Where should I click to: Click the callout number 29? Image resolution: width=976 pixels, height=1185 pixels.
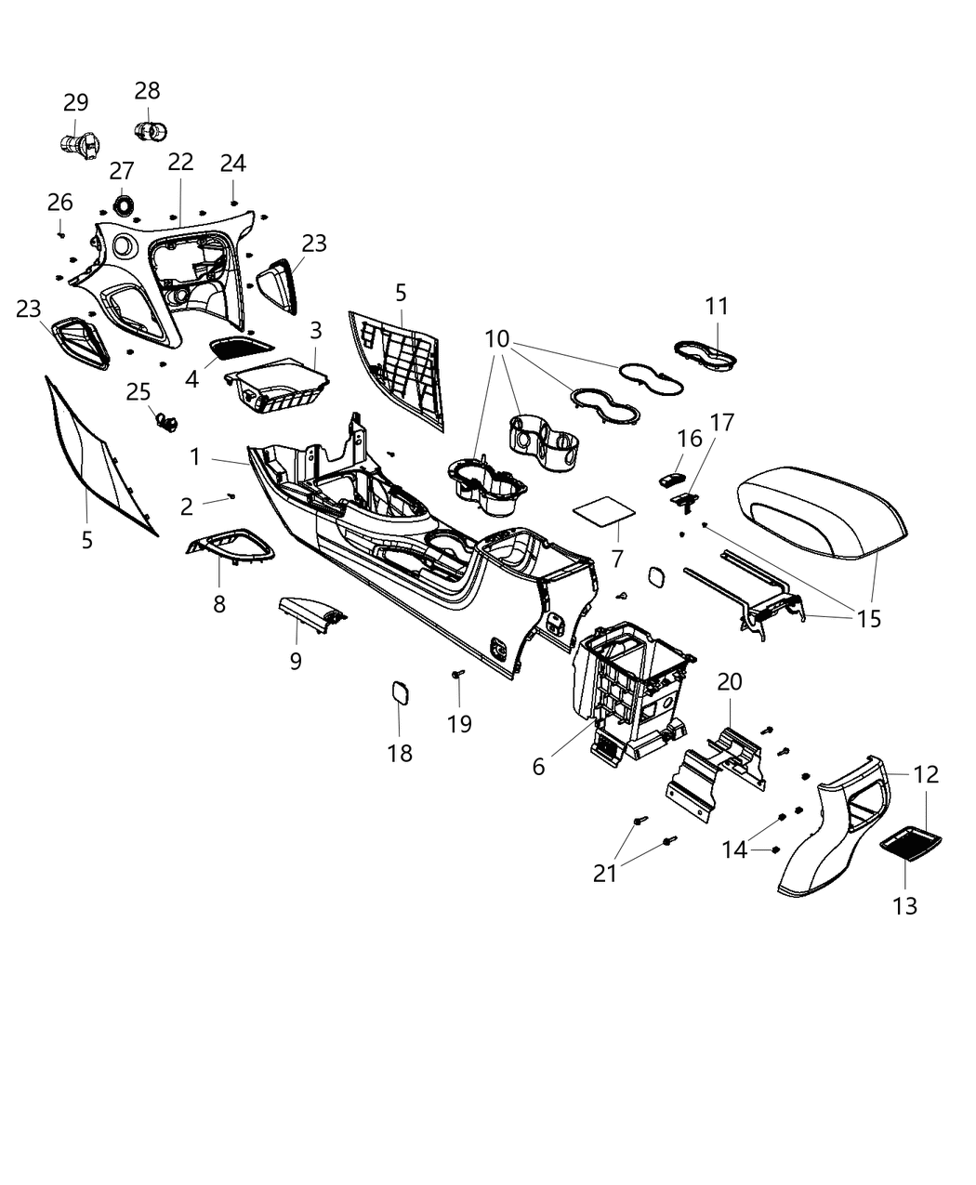[x=76, y=102]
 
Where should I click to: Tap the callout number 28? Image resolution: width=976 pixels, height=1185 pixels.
[x=147, y=91]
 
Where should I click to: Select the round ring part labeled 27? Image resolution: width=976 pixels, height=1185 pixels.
[x=123, y=204]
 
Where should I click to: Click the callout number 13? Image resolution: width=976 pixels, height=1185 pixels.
[x=904, y=905]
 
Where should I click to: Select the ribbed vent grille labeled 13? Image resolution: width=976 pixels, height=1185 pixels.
[x=911, y=844]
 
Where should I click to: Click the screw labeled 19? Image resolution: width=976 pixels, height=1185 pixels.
[x=456, y=674]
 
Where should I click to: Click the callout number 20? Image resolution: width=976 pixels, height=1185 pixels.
[x=730, y=682]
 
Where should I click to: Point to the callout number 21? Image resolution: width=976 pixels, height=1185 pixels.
[x=605, y=873]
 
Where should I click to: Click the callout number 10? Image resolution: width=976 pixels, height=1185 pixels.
[x=498, y=338]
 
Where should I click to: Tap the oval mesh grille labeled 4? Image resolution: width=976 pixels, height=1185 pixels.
[x=239, y=347]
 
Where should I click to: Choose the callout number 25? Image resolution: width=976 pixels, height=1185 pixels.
[x=138, y=391]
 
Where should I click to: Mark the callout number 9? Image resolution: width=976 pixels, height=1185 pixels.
[x=296, y=662]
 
